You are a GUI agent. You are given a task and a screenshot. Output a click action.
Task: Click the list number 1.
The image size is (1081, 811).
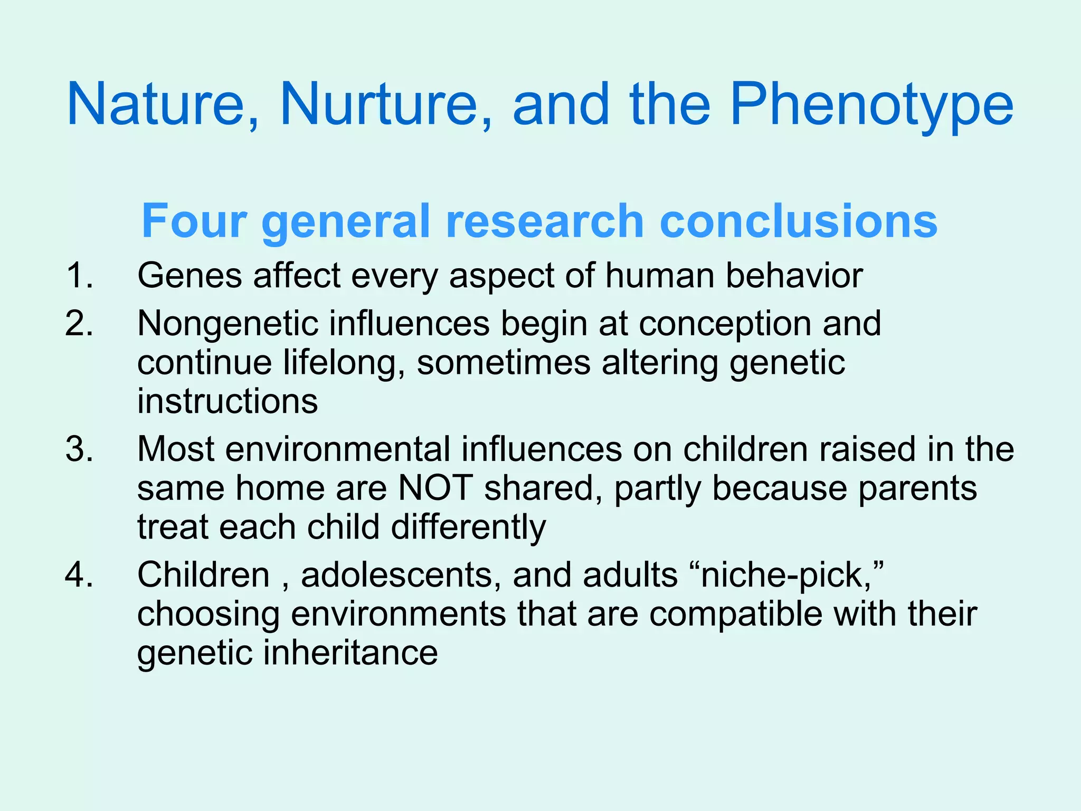coord(80,276)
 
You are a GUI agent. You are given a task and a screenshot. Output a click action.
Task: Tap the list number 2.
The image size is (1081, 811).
coord(80,323)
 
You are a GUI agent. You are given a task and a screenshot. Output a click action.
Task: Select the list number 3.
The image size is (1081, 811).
coord(80,449)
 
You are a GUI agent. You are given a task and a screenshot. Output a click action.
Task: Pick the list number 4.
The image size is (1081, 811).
coord(80,575)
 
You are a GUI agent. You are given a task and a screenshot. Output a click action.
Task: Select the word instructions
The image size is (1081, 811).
coord(227,401)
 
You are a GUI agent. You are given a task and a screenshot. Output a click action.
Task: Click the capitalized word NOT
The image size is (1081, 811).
coord(435,488)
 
